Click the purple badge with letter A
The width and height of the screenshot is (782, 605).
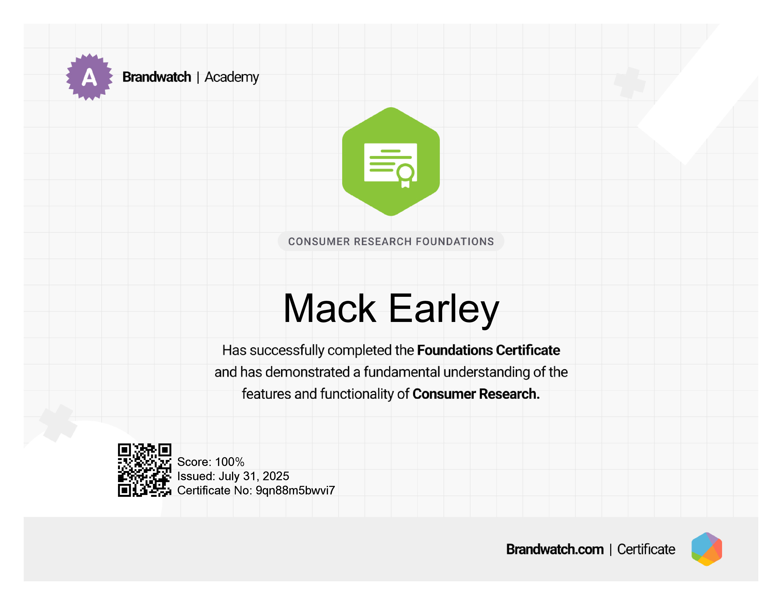(89, 77)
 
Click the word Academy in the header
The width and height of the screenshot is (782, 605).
(232, 77)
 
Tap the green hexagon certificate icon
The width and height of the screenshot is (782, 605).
(391, 162)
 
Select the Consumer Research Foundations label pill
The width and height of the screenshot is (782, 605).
(391, 241)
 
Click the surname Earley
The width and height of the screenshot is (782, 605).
(444, 310)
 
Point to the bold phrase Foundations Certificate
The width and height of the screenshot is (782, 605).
(488, 350)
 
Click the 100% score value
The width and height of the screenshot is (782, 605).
(230, 462)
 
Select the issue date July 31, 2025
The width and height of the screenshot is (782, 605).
(254, 476)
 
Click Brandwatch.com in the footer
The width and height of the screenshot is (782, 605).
(555, 549)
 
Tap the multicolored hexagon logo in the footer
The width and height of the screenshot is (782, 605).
(707, 549)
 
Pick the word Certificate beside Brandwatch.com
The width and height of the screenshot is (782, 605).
(646, 549)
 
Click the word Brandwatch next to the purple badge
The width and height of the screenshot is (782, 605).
(157, 77)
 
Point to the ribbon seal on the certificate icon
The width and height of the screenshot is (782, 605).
(405, 176)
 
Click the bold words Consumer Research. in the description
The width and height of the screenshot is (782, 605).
(476, 394)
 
